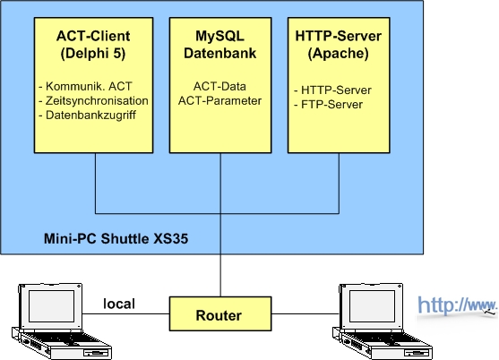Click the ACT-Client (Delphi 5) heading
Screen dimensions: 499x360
[93, 45]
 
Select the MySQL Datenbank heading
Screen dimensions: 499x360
[219, 45]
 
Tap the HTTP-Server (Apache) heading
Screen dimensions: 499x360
[339, 45]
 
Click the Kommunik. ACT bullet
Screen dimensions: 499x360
[85, 86]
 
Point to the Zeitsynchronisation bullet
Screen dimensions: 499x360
[93, 100]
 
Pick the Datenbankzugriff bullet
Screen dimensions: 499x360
[88, 115]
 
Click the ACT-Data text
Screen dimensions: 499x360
[219, 86]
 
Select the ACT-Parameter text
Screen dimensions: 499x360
[219, 100]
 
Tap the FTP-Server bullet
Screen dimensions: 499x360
[329, 104]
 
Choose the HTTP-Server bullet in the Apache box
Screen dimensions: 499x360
[332, 90]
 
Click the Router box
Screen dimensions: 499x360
[220, 314]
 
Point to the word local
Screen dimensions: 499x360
[119, 304]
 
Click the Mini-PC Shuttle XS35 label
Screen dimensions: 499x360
[116, 238]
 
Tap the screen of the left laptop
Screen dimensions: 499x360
[52, 306]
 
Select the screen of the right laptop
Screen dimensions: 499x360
[372, 306]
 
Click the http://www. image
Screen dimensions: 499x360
[457, 306]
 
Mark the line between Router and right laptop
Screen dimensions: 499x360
[305, 314]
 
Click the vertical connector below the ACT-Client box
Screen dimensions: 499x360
[96, 184]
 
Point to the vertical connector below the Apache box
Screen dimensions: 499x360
[339, 184]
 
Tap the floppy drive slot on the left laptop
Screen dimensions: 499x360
[97, 353]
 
